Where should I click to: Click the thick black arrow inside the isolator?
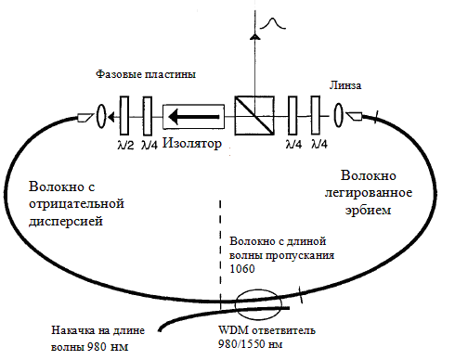pyautogui.click(x=194, y=117)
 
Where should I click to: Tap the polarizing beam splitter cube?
pyautogui.click(x=254, y=116)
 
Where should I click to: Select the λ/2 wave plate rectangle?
pyautogui.click(x=124, y=116)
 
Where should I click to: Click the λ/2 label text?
pyautogui.click(x=125, y=145)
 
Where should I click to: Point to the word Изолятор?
pyautogui.click(x=192, y=143)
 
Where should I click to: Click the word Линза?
pyautogui.click(x=345, y=85)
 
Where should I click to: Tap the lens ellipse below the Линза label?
pyautogui.click(x=339, y=115)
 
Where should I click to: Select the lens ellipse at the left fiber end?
pyautogui.click(x=101, y=116)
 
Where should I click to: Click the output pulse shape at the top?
pyautogui.click(x=272, y=24)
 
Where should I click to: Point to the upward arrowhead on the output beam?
pyautogui.click(x=254, y=36)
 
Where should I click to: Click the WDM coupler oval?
pyautogui.click(x=258, y=305)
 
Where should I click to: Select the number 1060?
pyautogui.click(x=242, y=269)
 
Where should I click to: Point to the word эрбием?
pyautogui.click(x=369, y=211)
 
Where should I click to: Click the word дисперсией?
pyautogui.click(x=66, y=222)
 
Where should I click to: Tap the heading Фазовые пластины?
pyautogui.click(x=146, y=74)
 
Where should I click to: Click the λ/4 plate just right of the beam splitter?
pyautogui.click(x=292, y=115)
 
